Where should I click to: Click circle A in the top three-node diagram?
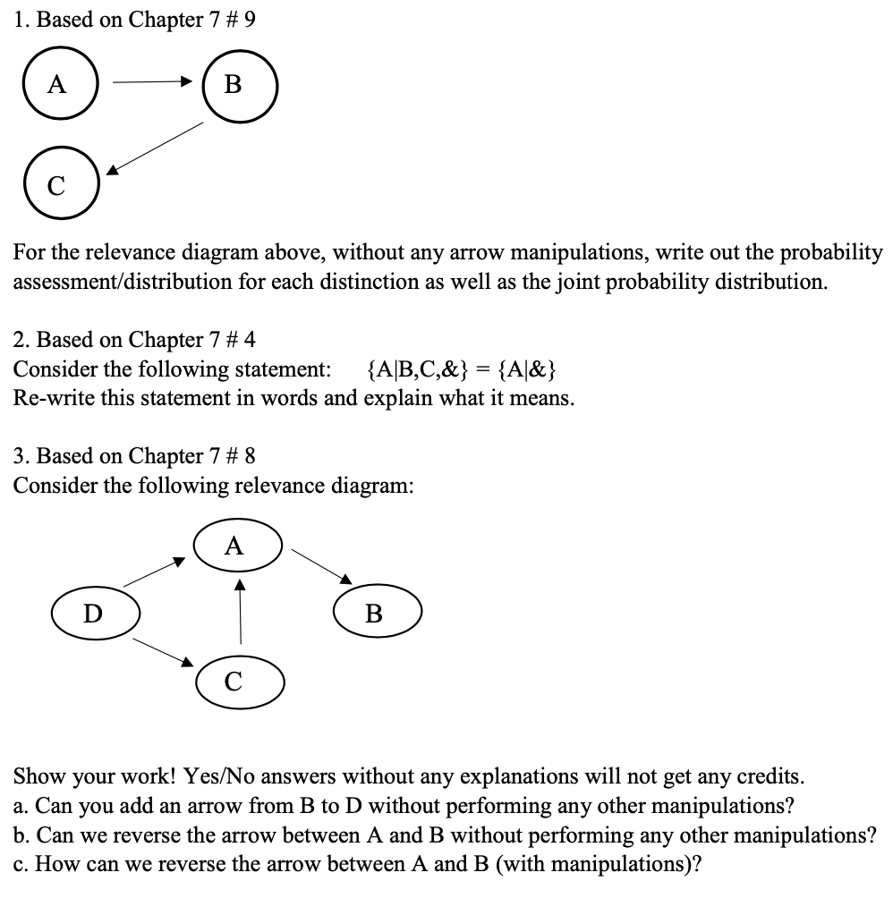[x=59, y=85]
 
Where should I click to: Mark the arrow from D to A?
[x=154, y=572]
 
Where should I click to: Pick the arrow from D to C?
[x=157, y=650]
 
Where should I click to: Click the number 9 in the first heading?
[x=250, y=20]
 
